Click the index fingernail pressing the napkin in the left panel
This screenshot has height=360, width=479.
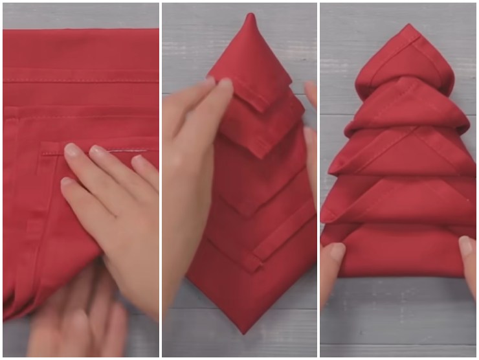pyautogui.click(x=71, y=151)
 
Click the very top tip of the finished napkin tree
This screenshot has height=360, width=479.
pyautogui.click(x=408, y=26)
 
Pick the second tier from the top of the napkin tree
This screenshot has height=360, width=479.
pyautogui.click(x=408, y=104)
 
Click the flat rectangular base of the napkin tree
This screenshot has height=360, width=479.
pyautogui.click(x=398, y=253)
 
